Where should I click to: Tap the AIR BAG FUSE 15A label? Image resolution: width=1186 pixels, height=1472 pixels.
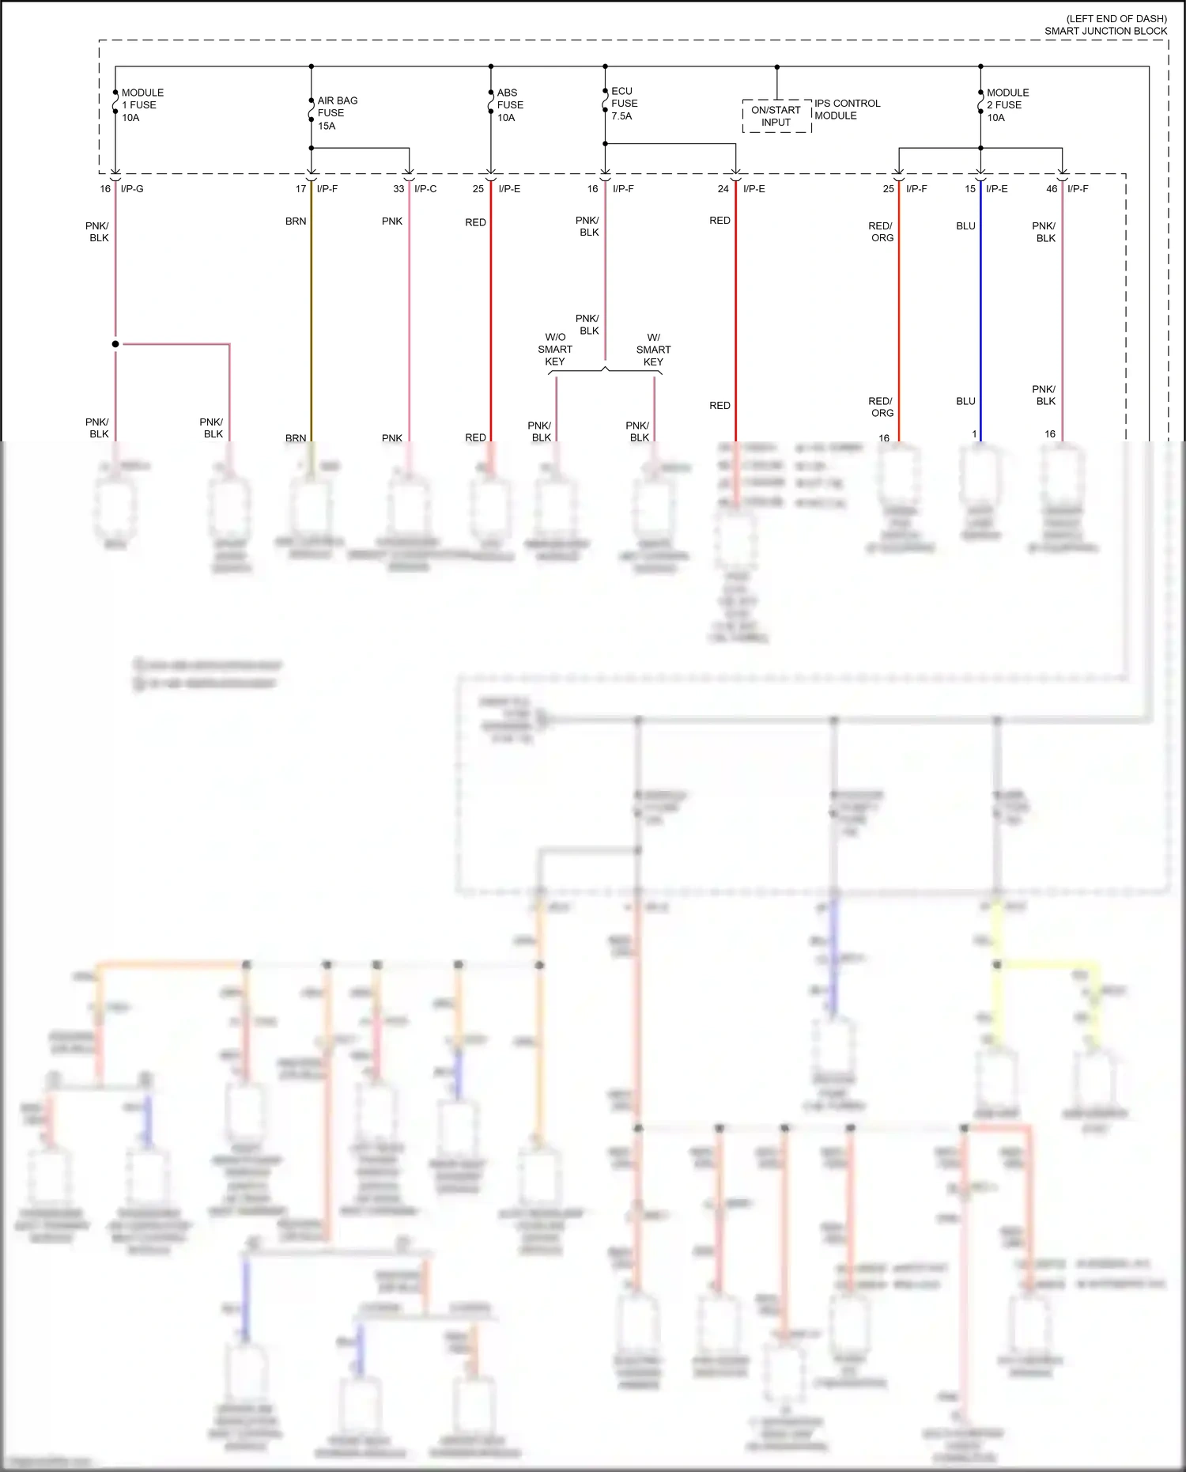[x=338, y=113]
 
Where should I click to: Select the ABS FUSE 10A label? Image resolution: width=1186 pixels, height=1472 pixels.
[x=510, y=105]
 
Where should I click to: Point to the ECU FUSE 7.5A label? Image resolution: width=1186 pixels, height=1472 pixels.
[x=624, y=104]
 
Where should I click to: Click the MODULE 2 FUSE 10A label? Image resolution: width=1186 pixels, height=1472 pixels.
[x=1007, y=105]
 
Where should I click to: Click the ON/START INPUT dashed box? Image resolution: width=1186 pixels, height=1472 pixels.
[x=776, y=116]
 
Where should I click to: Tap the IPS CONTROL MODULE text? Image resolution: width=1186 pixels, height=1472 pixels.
[x=847, y=109]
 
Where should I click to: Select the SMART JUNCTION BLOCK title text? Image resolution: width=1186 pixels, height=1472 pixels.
[x=1105, y=31]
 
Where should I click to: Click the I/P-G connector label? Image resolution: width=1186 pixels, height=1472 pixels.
[x=132, y=189]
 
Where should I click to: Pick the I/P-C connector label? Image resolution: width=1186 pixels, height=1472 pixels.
[x=425, y=189]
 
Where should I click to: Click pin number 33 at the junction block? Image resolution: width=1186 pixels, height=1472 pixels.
[x=398, y=189]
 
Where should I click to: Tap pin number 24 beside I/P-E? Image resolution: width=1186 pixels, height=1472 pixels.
[x=723, y=189]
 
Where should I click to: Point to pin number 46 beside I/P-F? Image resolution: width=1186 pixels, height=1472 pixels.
[x=1051, y=189]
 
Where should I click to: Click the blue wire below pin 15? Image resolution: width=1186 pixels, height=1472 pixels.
[x=980, y=316]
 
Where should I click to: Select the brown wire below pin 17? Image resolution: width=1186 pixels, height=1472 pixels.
[x=312, y=316]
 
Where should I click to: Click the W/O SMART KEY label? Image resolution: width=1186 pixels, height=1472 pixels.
[x=555, y=349]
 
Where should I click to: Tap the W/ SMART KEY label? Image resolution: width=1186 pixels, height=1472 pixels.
[x=653, y=349]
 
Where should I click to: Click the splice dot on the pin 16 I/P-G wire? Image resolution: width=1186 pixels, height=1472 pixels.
[x=115, y=344]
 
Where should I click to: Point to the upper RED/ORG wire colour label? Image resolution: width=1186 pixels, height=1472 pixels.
[x=881, y=232]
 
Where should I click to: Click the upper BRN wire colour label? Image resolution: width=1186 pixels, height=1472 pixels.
[x=296, y=221]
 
